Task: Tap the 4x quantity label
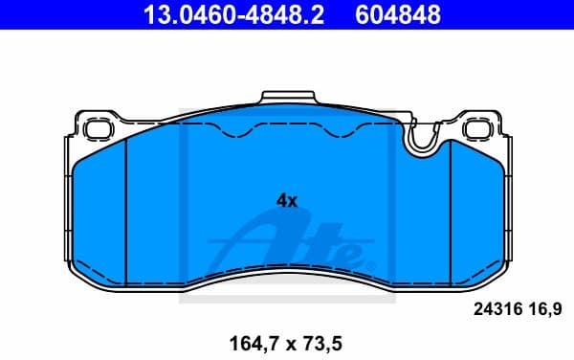click(x=287, y=201)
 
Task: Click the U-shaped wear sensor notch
click(x=422, y=142)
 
